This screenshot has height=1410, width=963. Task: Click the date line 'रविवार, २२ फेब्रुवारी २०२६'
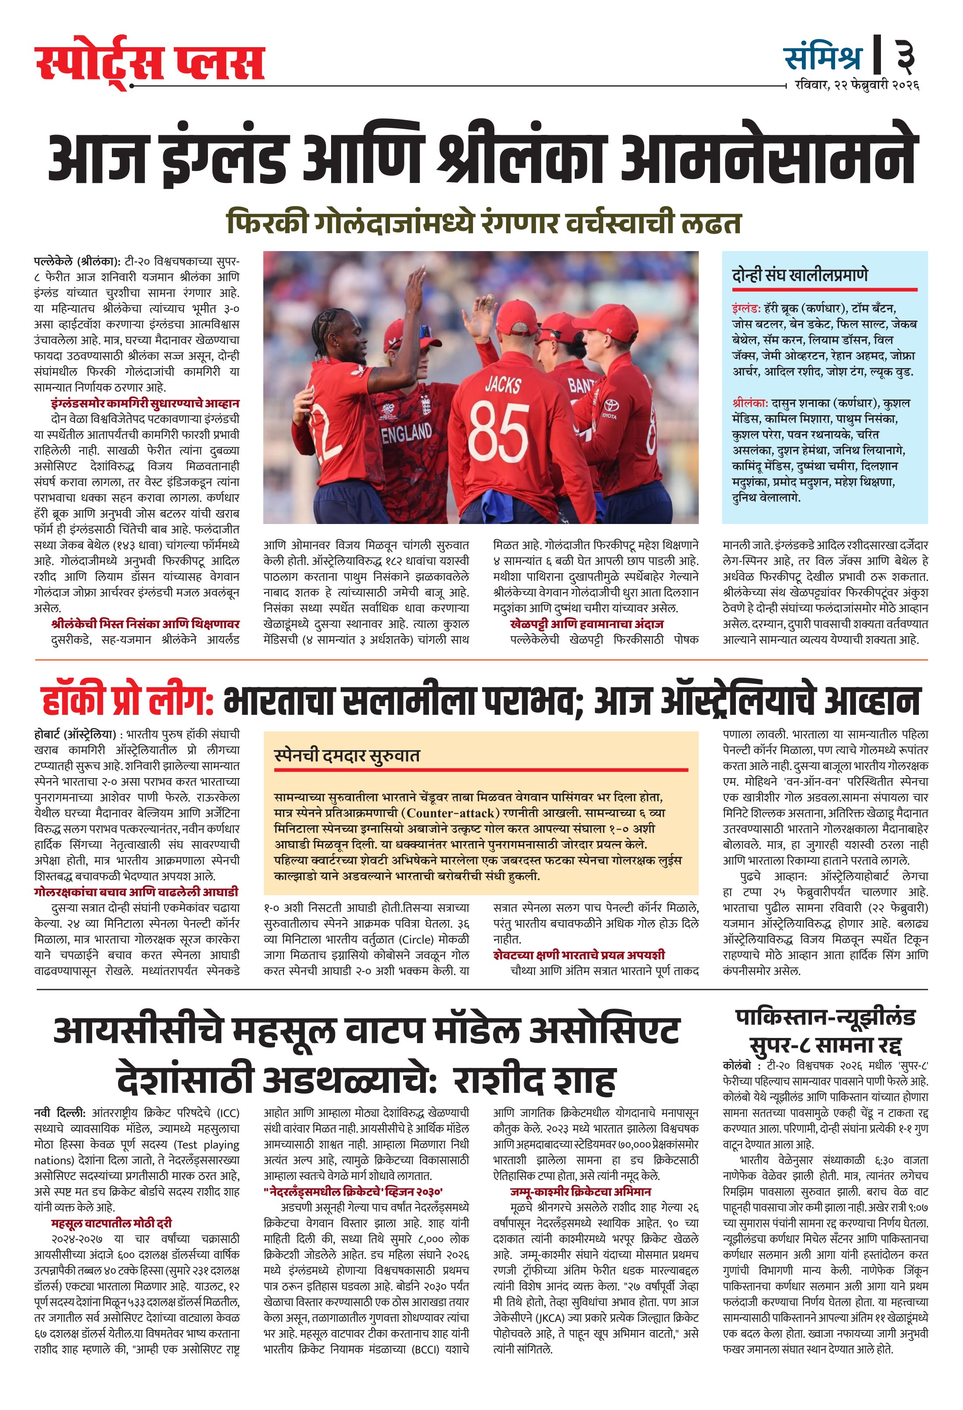[x=856, y=86]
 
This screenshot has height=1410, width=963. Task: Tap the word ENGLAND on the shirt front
[x=407, y=433]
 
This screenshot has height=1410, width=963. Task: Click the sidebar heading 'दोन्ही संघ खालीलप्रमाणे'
[x=799, y=275]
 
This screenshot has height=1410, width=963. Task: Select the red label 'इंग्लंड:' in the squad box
[x=746, y=309]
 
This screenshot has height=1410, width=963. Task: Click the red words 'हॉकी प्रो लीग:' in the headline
[x=128, y=701]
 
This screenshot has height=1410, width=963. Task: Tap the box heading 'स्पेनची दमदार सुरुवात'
[x=346, y=756]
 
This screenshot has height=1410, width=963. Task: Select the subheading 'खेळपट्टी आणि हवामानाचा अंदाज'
[x=587, y=624]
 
